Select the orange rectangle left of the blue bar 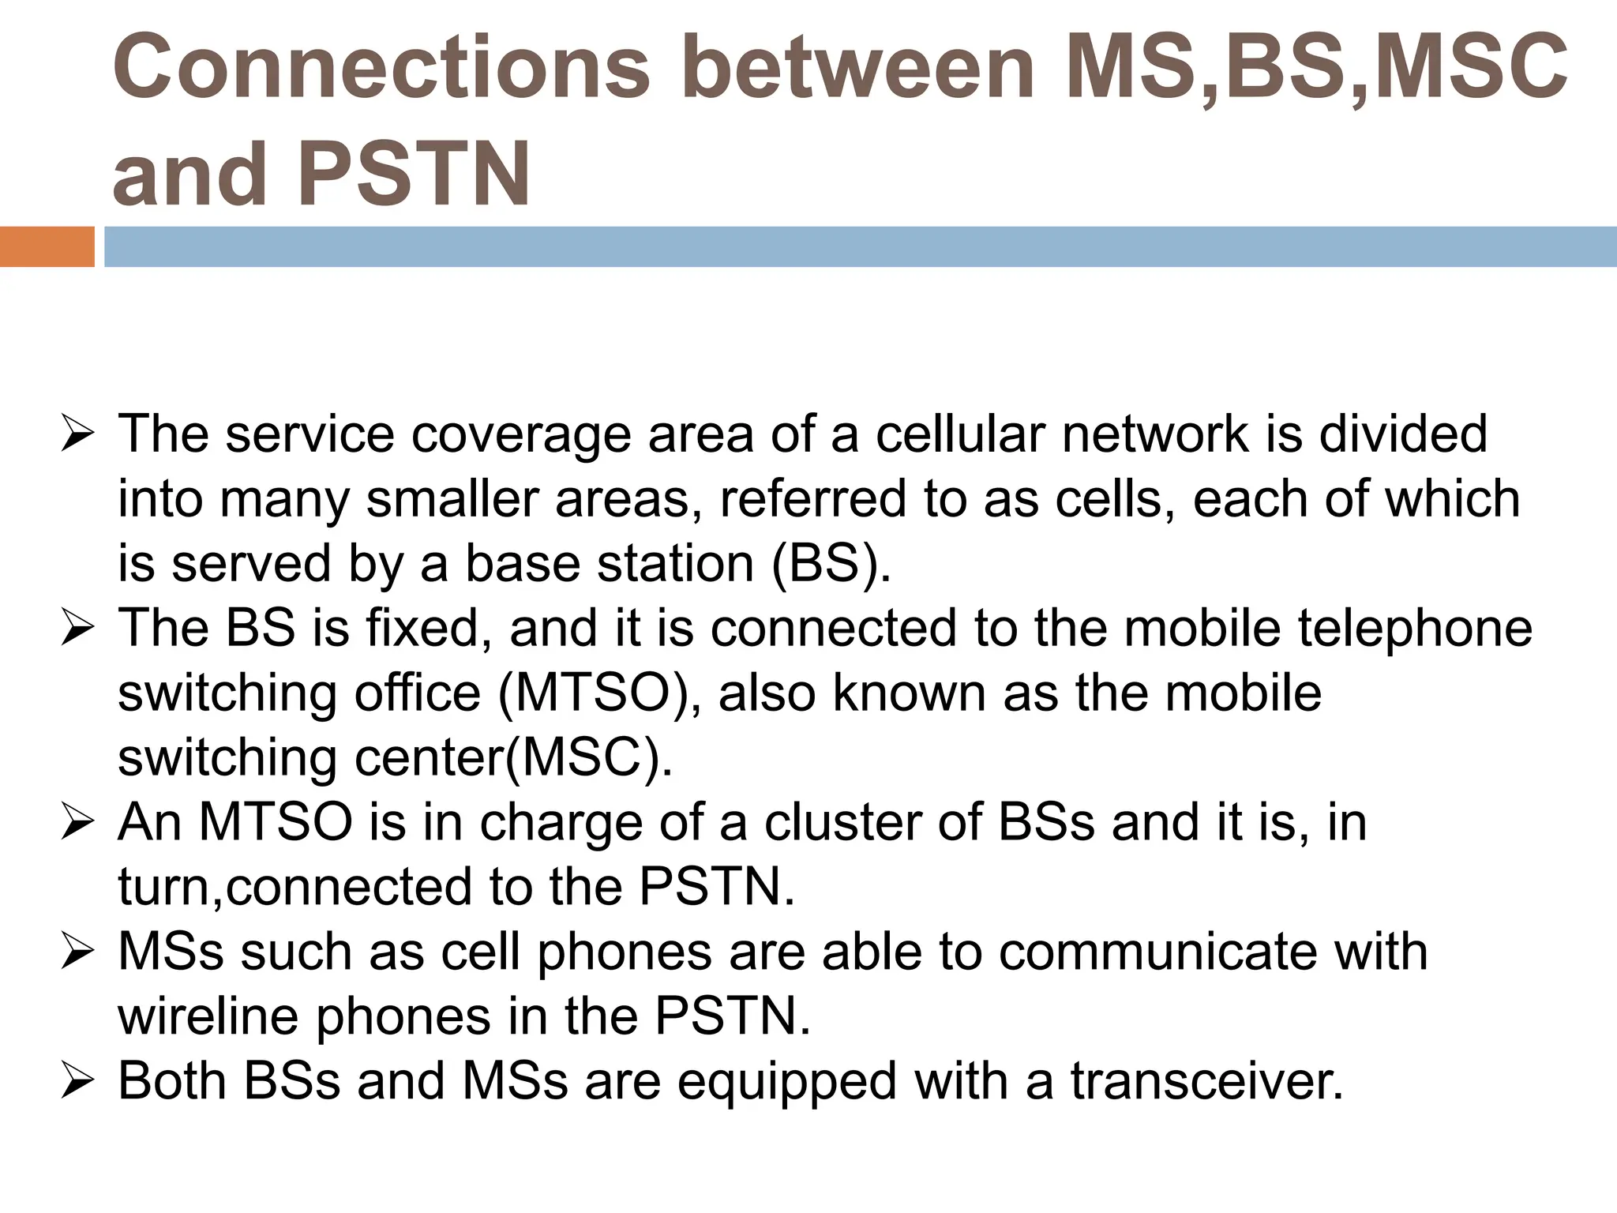[47, 246]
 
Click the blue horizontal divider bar [860, 246]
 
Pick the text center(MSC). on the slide [513, 758]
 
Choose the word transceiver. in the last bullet [1207, 1081]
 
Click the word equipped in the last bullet [786, 1081]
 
